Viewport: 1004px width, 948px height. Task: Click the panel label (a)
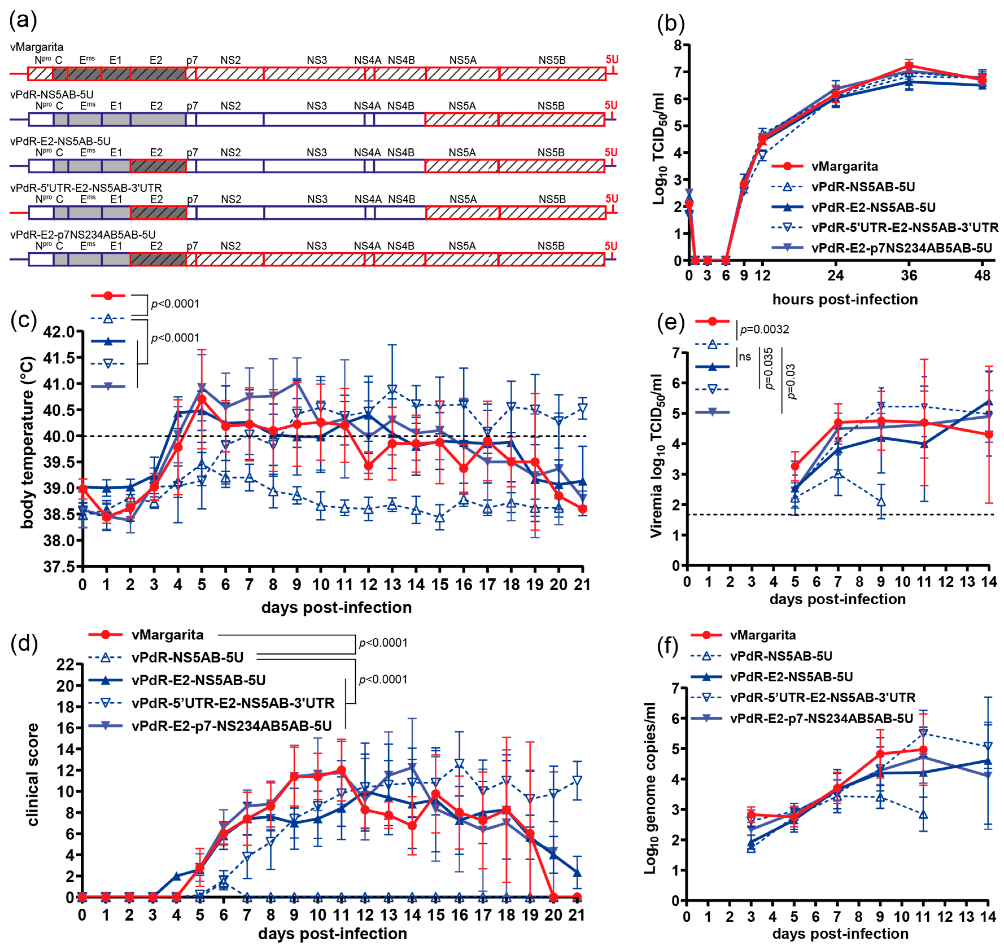(23, 21)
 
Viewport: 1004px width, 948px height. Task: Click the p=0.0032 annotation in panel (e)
(764, 330)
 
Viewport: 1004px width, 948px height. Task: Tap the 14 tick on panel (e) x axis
(988, 581)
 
